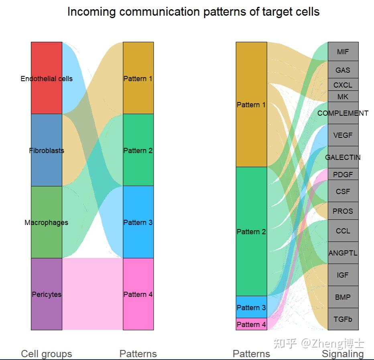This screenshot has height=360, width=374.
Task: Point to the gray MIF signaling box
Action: [x=343, y=51]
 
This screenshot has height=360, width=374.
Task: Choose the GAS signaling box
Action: [x=343, y=70]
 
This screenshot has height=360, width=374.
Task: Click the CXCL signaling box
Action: [x=343, y=85]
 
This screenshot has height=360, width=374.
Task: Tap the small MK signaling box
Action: [x=343, y=96]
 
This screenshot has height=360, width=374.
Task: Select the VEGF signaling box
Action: [x=343, y=135]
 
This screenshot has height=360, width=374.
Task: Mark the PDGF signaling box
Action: [x=343, y=174]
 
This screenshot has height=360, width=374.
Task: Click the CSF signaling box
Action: [x=343, y=191]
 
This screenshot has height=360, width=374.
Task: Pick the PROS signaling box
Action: [x=343, y=211]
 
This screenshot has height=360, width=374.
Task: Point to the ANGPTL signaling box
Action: [x=343, y=253]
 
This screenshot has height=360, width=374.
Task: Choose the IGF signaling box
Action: [x=343, y=275]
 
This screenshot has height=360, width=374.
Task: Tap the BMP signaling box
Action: [x=343, y=297]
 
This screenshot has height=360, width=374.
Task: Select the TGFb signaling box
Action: [x=343, y=319]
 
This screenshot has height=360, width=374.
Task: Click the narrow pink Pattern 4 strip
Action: [x=251, y=324]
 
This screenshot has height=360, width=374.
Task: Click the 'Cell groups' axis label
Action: [x=47, y=354]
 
